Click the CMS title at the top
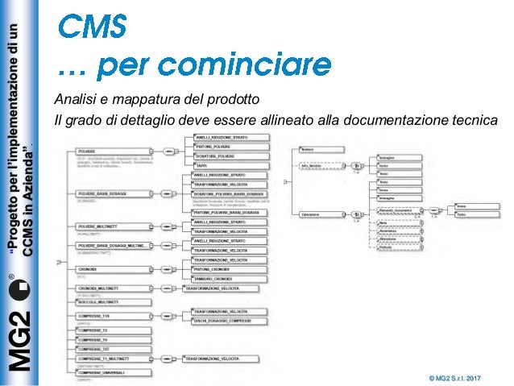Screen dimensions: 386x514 click(x=93, y=26)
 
